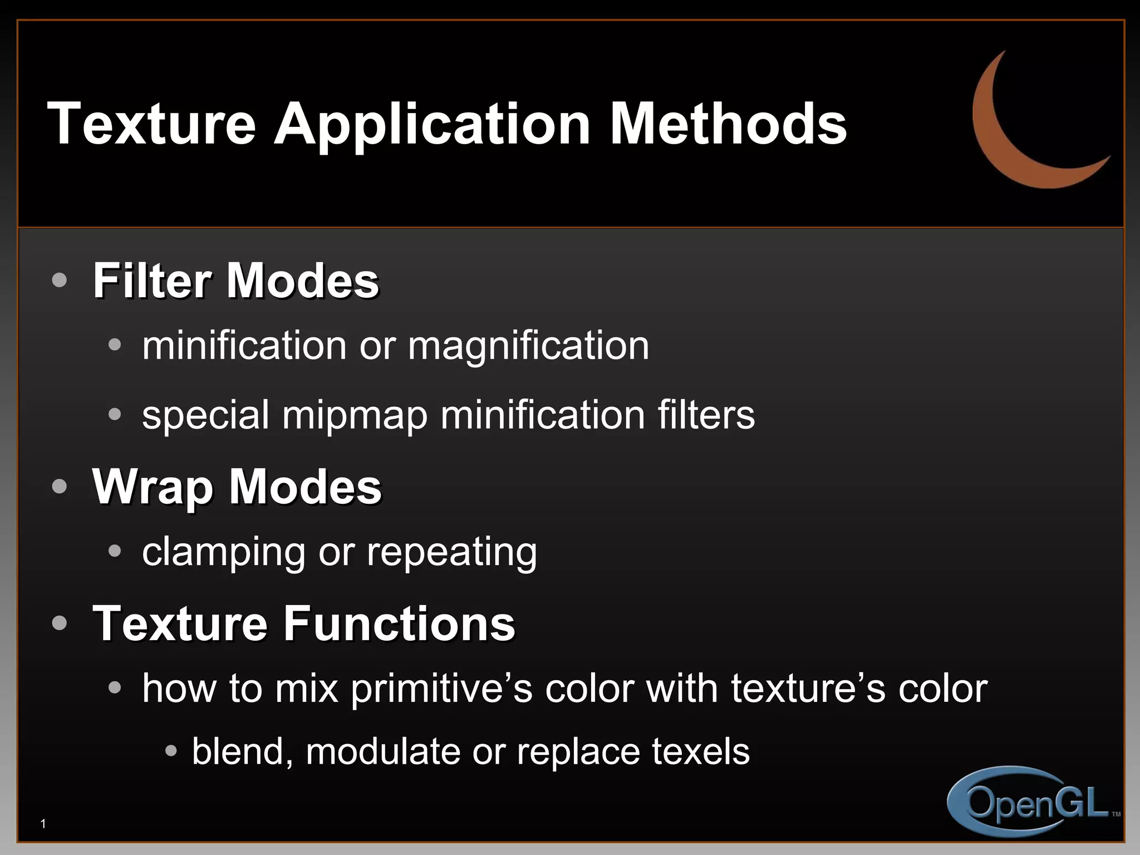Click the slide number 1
[43, 824]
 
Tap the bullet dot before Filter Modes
[59, 280]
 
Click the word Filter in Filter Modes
[154, 281]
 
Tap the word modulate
[383, 751]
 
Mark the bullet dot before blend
[171, 751]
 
